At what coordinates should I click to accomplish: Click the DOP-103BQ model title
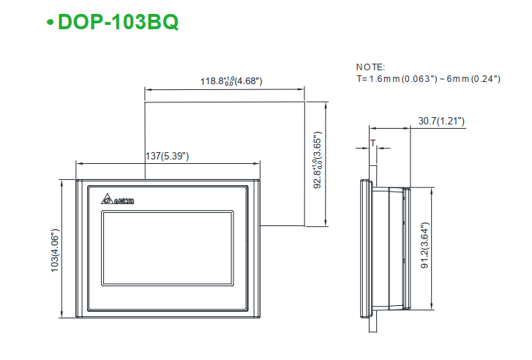(117, 22)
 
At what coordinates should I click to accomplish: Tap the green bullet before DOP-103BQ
(50, 23)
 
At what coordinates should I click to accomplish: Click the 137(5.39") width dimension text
(168, 156)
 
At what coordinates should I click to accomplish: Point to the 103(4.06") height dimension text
(56, 251)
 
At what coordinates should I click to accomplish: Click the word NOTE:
(370, 67)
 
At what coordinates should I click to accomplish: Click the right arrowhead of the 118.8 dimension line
(301, 91)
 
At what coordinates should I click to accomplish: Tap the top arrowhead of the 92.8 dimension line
(327, 104)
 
